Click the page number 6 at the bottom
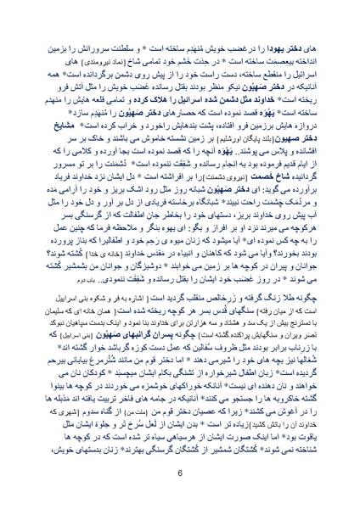(180, 473)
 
